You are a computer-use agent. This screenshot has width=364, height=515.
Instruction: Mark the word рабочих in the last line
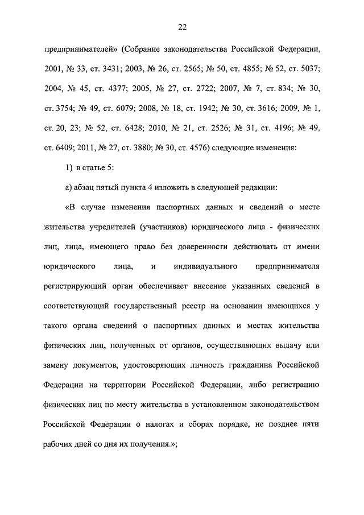59,444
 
